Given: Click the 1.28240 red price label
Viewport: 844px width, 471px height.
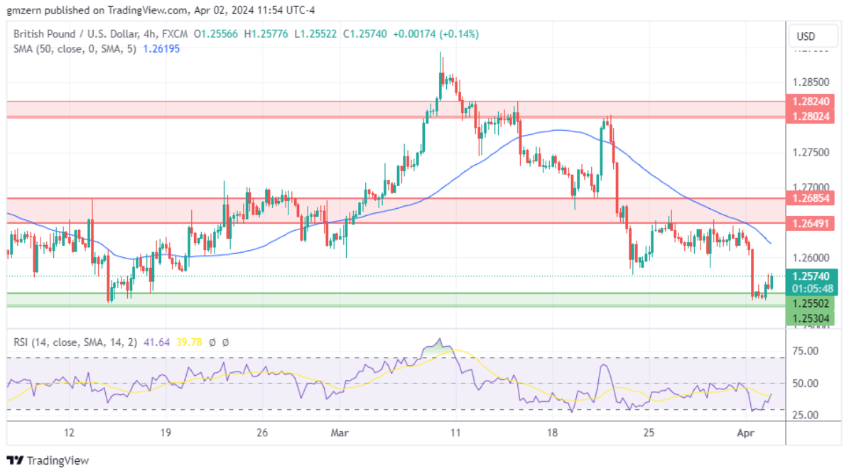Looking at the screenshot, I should [810, 102].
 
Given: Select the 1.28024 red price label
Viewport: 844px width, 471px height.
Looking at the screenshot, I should [810, 116].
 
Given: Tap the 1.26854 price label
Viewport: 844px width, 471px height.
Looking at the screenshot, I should [810, 198].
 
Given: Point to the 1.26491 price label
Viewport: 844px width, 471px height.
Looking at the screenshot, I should [810, 223].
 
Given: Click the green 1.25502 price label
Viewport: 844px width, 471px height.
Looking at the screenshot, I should [810, 303].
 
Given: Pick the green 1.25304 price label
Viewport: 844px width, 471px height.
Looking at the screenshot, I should [810, 318].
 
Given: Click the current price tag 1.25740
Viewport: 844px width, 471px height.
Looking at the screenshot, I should [810, 276].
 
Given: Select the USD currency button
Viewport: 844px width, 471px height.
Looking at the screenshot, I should [806, 36].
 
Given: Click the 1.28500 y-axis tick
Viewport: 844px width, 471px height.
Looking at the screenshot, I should [810, 82].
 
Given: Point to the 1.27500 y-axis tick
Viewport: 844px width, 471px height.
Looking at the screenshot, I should [810, 152].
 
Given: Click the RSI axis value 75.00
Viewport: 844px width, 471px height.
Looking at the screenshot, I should [806, 351].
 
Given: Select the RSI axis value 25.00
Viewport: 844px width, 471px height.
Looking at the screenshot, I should [806, 415].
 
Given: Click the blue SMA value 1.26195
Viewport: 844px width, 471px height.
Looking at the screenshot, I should [161, 48].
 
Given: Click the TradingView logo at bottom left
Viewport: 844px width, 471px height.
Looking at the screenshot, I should [48, 460].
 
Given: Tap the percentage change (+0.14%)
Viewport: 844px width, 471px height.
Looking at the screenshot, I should [460, 33].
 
